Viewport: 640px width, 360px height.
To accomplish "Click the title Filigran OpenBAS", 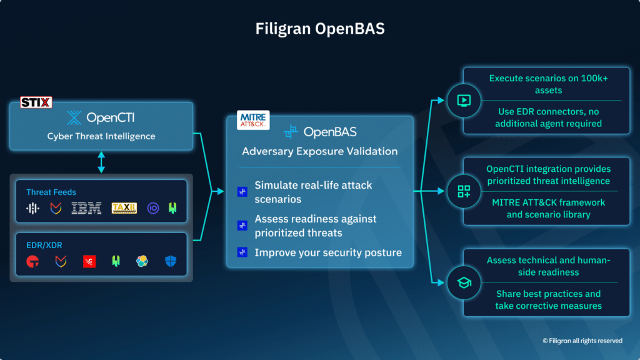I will pos(319,29).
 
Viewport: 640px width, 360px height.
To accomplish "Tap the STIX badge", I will pos(36,102).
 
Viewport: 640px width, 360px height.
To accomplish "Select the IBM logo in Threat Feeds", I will pos(86,209).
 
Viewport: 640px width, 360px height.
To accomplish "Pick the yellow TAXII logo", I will pos(124,208).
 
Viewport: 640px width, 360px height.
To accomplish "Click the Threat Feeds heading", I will pos(51,192).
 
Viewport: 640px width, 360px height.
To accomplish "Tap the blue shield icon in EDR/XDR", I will pos(171,261).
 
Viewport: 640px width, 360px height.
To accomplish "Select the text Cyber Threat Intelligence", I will pos(101,136).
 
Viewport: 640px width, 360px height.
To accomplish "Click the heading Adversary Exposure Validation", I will pos(320,151).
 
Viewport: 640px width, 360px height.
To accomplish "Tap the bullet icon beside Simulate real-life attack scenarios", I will pos(242,192).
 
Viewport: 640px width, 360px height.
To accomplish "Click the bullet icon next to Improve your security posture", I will pos(242,252).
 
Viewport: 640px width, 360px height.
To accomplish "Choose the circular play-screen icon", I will pos(464,101).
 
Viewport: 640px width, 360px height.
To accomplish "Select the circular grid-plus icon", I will pos(464,191).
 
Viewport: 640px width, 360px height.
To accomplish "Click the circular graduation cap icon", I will pos(464,283).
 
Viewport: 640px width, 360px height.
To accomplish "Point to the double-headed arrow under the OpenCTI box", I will pos(101,161).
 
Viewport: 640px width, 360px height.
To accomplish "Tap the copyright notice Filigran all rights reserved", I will pos(582,341).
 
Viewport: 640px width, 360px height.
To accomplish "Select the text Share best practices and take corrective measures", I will pos(548,300).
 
